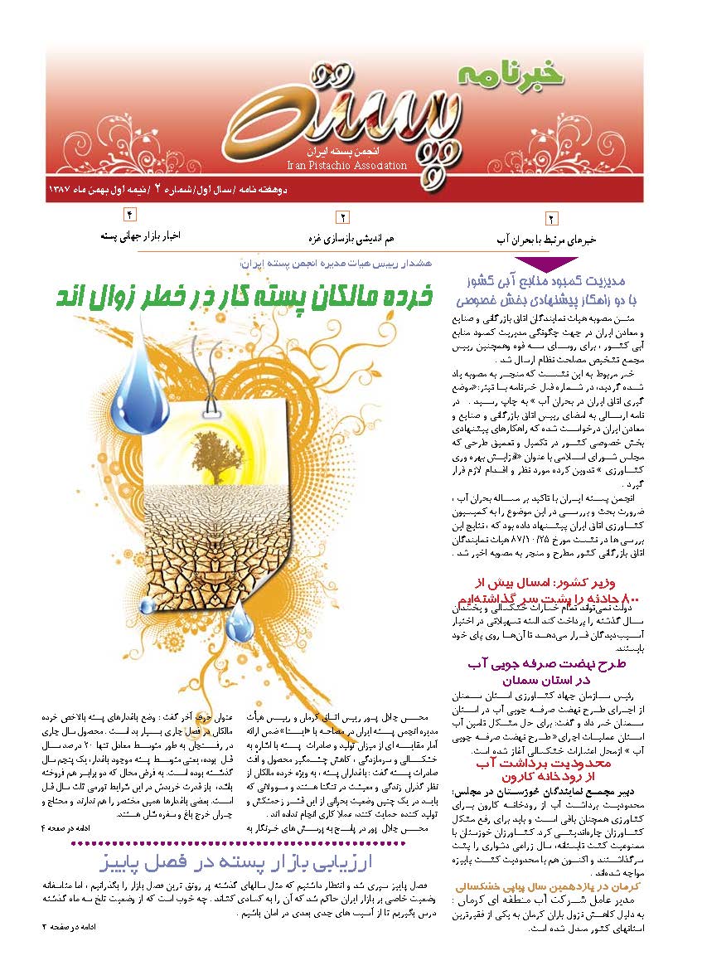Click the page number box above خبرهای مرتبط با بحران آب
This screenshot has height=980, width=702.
pos(551,219)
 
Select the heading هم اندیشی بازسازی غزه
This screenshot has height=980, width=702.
pos(341,238)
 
